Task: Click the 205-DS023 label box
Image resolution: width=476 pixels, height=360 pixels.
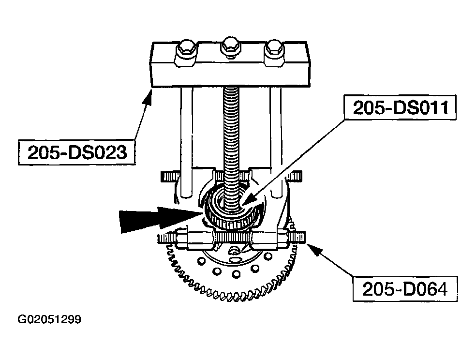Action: pos(76,152)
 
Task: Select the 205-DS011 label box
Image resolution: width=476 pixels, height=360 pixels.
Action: pos(400,107)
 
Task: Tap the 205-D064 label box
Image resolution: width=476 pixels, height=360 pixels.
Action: pos(405,289)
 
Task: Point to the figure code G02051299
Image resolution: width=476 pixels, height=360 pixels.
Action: pos(49,320)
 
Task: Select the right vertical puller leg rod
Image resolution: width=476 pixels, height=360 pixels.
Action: pos(276,143)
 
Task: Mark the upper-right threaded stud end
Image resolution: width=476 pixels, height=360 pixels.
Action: pos(295,176)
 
